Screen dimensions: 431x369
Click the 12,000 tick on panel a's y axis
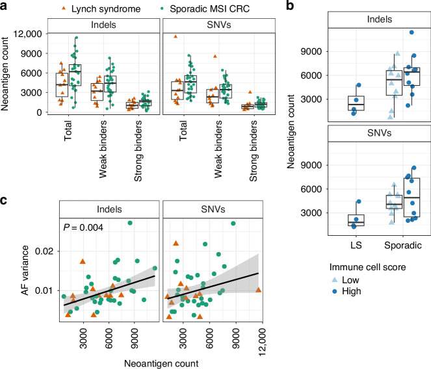(x=27, y=34)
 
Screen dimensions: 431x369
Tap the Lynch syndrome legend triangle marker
(x=64, y=8)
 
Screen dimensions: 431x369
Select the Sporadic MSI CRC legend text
(x=209, y=9)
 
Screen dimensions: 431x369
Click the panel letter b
(x=290, y=5)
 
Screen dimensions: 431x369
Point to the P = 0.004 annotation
(x=83, y=227)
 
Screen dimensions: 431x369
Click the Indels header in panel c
(x=109, y=209)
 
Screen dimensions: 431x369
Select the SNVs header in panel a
(x=219, y=25)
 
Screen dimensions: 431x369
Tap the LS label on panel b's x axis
(x=356, y=245)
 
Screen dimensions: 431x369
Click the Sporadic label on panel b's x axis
(x=402, y=246)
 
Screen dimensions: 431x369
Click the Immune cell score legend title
(x=367, y=267)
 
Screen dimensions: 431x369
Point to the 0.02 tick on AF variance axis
(x=44, y=251)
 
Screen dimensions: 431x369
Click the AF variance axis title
(x=25, y=270)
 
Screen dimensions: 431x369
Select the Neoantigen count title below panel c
(x=161, y=364)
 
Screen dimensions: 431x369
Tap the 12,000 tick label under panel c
(x=263, y=342)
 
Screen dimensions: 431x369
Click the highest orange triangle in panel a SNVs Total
(x=176, y=36)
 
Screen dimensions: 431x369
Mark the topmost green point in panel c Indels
(x=130, y=223)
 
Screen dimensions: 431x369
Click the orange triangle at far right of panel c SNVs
(x=258, y=290)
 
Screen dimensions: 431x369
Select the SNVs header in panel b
(x=380, y=133)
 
